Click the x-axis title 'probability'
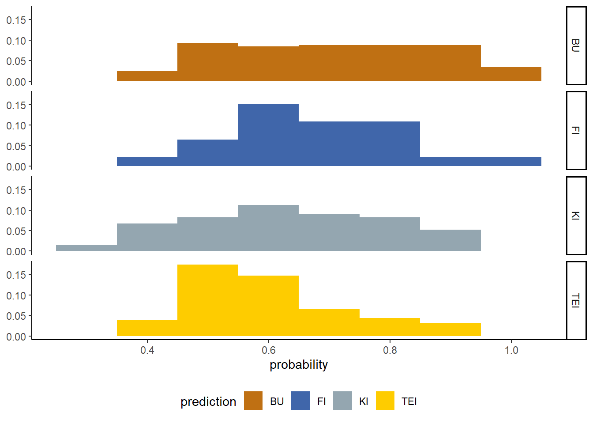299,365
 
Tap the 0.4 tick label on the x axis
147,350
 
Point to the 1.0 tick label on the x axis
511,350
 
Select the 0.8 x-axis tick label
390,350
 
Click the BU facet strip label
576,45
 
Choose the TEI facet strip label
576,300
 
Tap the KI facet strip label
576,216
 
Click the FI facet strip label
576,130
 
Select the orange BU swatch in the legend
253,401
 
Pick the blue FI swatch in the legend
300,401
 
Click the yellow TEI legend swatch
385,401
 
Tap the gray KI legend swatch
343,401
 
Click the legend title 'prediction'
208,401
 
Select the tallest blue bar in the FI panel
268,135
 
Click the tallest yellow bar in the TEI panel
208,300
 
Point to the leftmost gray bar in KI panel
86,248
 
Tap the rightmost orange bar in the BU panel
511,74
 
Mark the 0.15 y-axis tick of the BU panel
16,20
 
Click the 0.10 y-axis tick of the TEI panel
16,295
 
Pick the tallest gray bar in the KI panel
268,228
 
